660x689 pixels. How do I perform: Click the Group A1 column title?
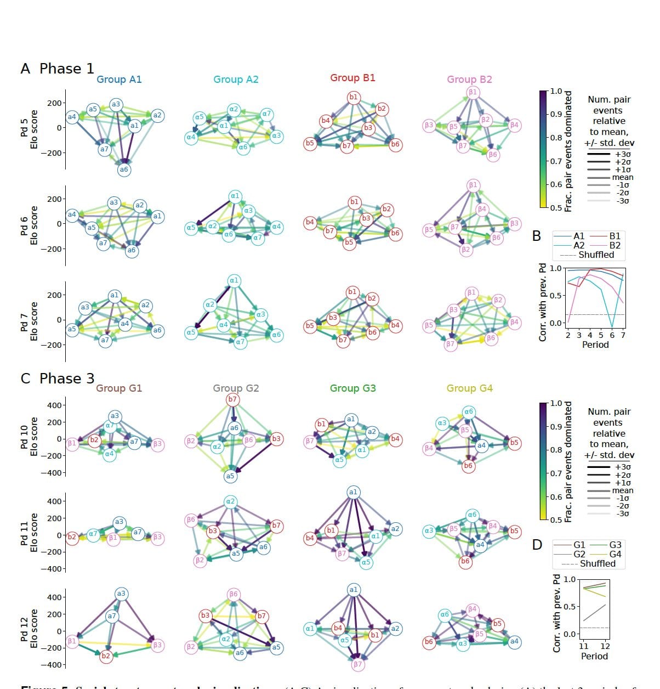[x=119, y=80]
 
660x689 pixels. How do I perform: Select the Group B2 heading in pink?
[x=469, y=80]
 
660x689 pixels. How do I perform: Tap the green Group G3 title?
[x=352, y=388]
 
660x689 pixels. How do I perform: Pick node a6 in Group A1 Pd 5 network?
[x=124, y=170]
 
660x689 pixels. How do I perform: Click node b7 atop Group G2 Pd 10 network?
[x=232, y=399]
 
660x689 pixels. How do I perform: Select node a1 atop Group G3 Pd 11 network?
[x=353, y=492]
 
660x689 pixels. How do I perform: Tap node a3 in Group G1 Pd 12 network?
[x=121, y=594]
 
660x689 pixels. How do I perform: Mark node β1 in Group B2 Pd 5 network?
[x=473, y=92]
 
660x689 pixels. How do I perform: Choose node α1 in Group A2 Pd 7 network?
[x=235, y=281]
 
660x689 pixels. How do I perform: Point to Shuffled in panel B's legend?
[x=596, y=255]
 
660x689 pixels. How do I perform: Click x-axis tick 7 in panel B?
[x=623, y=335]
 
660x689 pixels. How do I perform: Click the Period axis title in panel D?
[x=594, y=656]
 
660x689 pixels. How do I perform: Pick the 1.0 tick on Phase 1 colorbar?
[x=556, y=92]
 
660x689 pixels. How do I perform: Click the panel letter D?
[x=537, y=545]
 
